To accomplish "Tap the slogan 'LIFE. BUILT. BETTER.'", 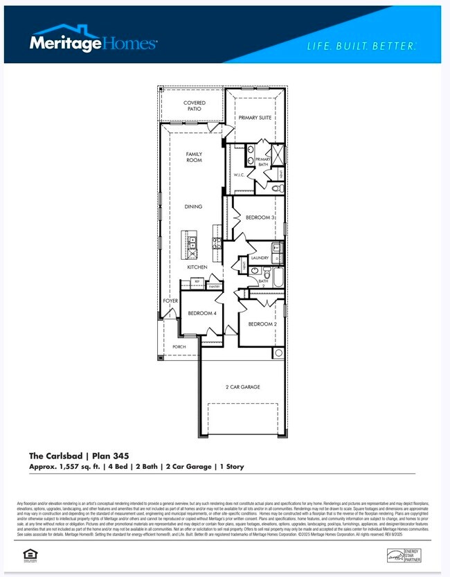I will (x=361, y=46).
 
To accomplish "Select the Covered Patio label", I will (x=195, y=107).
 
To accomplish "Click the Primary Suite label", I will (x=255, y=118).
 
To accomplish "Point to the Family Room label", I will (x=194, y=157).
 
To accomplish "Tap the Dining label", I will (x=193, y=206).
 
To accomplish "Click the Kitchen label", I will (x=197, y=267).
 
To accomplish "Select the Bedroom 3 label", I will (x=260, y=218).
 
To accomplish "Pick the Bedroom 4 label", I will (x=202, y=313).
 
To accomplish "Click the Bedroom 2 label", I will (x=262, y=324).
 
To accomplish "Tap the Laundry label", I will (x=260, y=258).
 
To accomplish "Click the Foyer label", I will (x=170, y=301).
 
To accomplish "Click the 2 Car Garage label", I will (x=242, y=387).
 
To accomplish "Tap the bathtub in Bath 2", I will (x=278, y=277).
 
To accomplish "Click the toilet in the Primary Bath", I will (x=278, y=188).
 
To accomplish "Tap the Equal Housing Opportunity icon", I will (x=29, y=553).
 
